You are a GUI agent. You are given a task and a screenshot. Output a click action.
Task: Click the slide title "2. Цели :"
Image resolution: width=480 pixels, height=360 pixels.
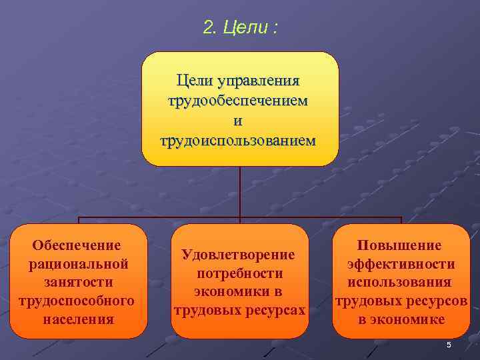(x=241, y=29)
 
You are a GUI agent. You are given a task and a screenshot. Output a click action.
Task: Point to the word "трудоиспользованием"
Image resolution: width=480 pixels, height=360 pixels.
(x=239, y=141)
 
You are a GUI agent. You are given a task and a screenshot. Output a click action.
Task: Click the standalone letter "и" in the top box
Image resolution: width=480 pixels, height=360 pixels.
(x=239, y=121)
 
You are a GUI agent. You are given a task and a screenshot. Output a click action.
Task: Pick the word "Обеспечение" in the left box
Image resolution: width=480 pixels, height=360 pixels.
(x=77, y=246)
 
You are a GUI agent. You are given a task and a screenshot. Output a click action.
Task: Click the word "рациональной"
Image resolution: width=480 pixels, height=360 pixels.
(x=78, y=265)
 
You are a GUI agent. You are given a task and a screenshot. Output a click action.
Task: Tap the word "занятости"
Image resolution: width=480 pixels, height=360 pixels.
(x=78, y=283)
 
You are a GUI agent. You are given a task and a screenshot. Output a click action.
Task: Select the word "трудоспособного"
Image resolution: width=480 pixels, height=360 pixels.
(x=78, y=301)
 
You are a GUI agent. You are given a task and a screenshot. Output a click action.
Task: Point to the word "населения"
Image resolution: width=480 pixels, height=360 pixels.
(x=78, y=319)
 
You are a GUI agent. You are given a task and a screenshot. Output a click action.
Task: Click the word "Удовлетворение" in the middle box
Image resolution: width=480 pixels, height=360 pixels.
(x=239, y=255)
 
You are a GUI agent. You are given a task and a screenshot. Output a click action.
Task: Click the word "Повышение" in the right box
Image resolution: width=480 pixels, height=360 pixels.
(x=400, y=246)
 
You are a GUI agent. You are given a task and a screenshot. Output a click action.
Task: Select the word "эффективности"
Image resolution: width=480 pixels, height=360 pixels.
(x=401, y=265)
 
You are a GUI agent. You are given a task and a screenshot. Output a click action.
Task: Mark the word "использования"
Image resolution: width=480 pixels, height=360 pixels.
(x=400, y=283)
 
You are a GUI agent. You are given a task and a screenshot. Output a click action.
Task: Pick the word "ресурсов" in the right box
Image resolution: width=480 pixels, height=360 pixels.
(x=436, y=301)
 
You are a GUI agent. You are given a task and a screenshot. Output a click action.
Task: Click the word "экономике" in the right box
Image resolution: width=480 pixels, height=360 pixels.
(x=410, y=319)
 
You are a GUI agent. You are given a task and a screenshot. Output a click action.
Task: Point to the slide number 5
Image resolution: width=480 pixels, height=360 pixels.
(x=449, y=345)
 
